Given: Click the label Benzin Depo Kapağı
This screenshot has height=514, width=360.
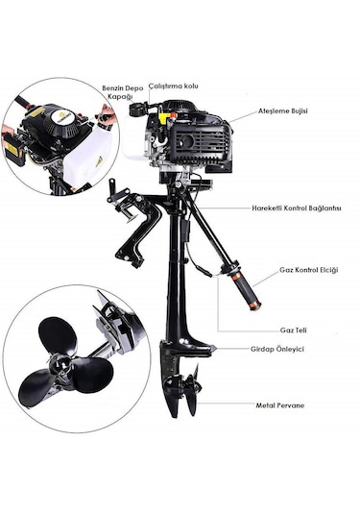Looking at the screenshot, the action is point(123,92).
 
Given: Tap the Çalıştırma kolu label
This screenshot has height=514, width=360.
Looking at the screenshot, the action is point(174,86).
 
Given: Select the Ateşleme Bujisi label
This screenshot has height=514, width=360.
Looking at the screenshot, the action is point(283,110).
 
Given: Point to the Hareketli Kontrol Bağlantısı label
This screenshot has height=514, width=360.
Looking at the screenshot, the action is point(297,208).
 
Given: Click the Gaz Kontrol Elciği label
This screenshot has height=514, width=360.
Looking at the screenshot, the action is point(308,270).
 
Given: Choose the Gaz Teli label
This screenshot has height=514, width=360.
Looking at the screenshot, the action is point(294,330).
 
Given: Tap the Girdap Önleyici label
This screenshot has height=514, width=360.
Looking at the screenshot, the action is point(277,349).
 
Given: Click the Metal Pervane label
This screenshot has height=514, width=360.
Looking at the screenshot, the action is point(279,405).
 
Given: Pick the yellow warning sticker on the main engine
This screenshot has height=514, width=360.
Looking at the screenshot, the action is point(163,116).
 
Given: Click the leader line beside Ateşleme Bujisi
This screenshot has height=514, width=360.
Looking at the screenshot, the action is point(243,117).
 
